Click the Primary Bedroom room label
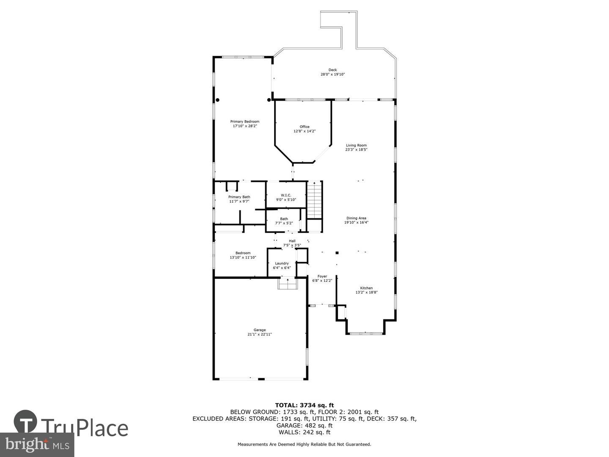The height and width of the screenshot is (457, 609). click(244, 121)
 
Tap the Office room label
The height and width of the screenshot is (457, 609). click(304, 127)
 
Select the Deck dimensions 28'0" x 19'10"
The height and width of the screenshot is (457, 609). click(332, 74)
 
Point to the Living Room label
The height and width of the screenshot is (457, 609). click(356, 145)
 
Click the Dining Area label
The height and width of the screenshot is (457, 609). click(356, 218)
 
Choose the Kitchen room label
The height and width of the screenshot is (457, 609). click(366, 288)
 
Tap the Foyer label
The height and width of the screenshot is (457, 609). click(322, 276)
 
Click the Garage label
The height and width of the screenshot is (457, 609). click(260, 330)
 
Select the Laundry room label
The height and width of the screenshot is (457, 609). click(282, 263)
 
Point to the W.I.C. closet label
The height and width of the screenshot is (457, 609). click(286, 195)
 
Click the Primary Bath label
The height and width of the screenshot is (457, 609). click(239, 197)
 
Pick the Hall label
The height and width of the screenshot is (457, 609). click(292, 241)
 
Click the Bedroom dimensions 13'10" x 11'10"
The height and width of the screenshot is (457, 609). click(243, 257)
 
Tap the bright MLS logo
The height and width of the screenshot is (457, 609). click(37, 445)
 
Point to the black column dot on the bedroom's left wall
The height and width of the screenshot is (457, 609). click(218, 100)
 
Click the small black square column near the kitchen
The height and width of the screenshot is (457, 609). click(337, 253)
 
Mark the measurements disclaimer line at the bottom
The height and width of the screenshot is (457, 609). click(304, 444)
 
